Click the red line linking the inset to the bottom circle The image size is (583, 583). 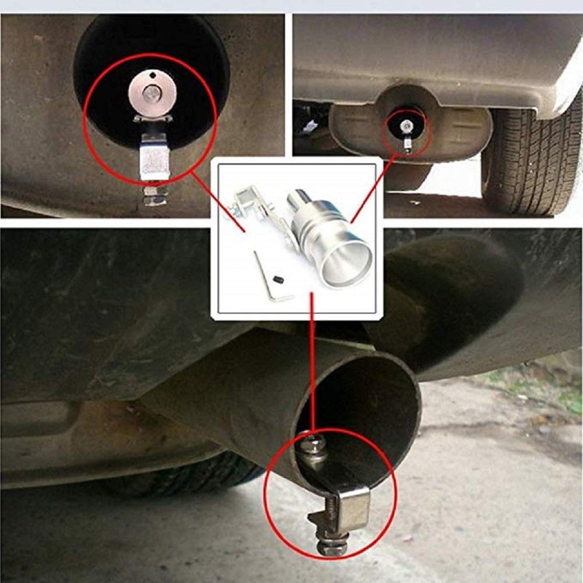pos(312,364)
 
